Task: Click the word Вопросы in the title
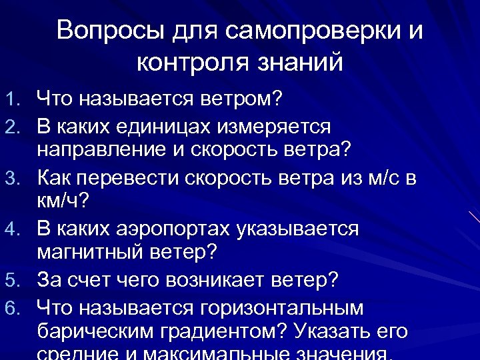pyautogui.click(x=103, y=31)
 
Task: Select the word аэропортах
pyautogui.click(x=169, y=229)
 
